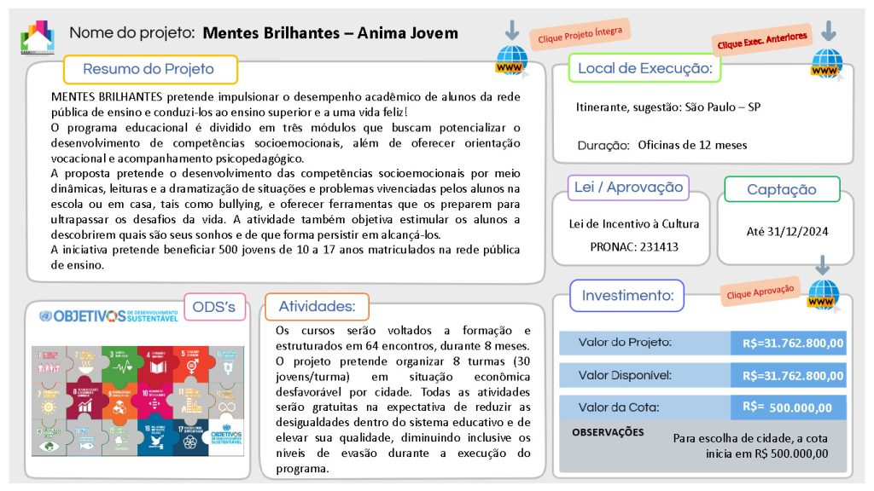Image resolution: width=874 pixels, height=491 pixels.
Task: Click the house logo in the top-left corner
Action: coord(37,36)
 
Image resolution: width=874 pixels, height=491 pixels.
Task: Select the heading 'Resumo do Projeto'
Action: coord(149,69)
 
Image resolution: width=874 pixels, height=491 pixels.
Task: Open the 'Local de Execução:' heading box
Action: coord(644,68)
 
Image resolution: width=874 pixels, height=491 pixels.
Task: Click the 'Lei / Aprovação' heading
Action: coord(628,188)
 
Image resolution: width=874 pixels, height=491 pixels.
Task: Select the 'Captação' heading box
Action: coord(781,189)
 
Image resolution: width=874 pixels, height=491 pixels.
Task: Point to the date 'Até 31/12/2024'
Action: coord(788,231)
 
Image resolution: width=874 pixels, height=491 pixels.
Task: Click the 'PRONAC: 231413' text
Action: coord(633,247)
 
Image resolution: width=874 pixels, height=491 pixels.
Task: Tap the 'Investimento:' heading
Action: coord(627,296)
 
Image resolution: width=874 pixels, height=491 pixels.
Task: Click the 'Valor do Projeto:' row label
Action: coord(625,343)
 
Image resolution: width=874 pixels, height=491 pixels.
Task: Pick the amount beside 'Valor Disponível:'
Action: coord(792,376)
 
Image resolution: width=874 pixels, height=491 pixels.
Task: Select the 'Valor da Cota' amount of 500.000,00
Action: coord(792,407)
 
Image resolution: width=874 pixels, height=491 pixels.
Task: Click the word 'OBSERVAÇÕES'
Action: coord(608,432)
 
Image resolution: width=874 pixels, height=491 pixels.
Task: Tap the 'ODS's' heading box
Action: coord(214,307)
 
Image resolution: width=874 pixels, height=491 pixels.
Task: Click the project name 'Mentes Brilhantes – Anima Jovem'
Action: coord(331,33)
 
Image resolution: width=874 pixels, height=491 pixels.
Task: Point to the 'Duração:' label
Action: coord(602,145)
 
